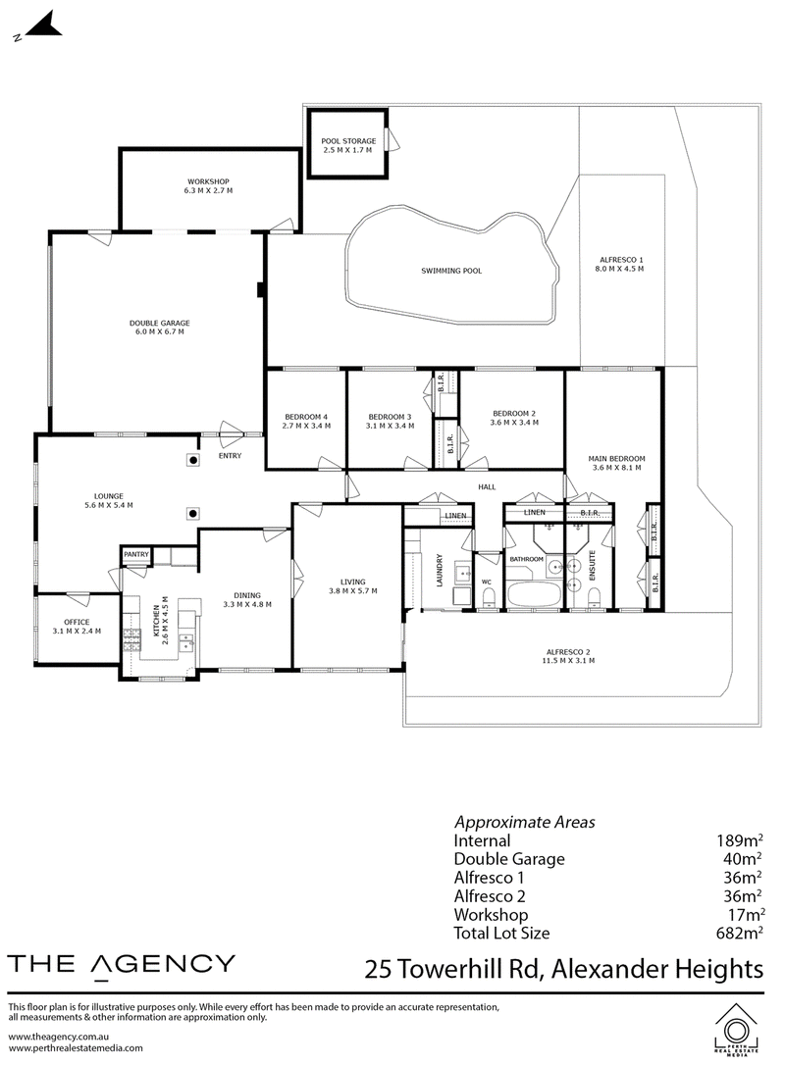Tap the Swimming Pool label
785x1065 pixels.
451,271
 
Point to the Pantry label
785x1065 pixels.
136,554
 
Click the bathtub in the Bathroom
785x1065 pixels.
534,595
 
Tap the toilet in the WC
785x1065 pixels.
488,598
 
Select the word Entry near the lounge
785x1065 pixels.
230,456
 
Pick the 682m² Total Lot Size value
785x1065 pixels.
740,933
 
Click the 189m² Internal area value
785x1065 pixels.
739,840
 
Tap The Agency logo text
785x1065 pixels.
121,965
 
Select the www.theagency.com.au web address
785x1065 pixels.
59,1037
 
